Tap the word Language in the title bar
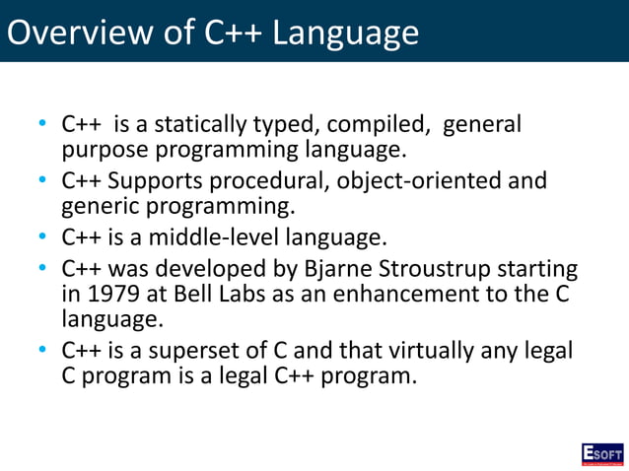[344, 34]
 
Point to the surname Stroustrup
[449, 269]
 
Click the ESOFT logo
[601, 453]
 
